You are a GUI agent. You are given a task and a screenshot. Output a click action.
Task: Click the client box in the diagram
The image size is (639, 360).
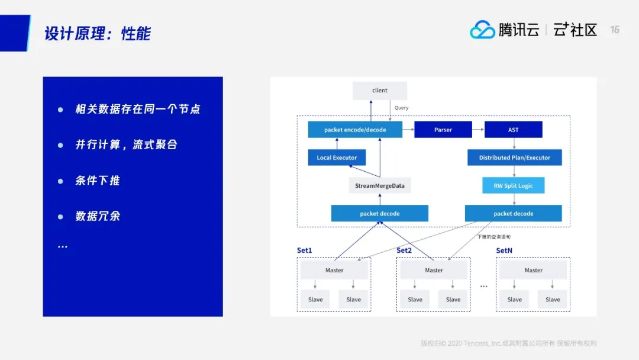click(x=380, y=91)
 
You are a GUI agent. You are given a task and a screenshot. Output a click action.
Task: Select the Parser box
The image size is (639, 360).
click(x=443, y=130)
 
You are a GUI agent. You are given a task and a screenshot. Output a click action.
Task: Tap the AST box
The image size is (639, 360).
click(x=513, y=130)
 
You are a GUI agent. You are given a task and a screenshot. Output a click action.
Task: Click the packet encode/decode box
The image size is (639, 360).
click(x=355, y=130)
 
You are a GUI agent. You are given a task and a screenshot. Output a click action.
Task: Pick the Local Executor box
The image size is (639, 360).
click(x=337, y=157)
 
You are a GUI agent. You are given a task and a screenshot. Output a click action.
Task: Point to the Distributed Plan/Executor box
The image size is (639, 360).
click(x=514, y=157)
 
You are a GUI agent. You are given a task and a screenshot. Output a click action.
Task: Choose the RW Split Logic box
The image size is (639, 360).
click(x=513, y=186)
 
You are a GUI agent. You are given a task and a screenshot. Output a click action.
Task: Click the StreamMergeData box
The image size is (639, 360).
click(x=380, y=186)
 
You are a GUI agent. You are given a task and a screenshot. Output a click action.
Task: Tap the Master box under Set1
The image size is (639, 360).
click(x=334, y=271)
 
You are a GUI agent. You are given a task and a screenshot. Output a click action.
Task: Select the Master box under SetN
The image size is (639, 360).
click(x=533, y=271)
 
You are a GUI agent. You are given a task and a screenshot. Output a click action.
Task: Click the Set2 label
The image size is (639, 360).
click(x=404, y=250)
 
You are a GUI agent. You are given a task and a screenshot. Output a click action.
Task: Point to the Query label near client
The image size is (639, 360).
click(x=402, y=108)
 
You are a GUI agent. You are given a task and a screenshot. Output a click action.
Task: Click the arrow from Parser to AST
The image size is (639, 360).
click(x=478, y=130)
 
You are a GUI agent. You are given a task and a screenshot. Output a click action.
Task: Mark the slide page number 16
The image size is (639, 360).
click(x=615, y=30)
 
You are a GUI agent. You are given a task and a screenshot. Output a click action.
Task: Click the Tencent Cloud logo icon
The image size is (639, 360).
click(x=482, y=30)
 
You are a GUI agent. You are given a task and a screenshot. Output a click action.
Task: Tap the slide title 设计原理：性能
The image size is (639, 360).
click(x=98, y=34)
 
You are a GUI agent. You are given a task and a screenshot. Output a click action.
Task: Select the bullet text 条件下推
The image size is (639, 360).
click(x=98, y=181)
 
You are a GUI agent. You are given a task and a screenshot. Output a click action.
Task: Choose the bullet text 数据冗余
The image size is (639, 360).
click(x=98, y=216)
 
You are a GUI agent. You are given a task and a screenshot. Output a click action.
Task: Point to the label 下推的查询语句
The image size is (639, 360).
click(x=493, y=237)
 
